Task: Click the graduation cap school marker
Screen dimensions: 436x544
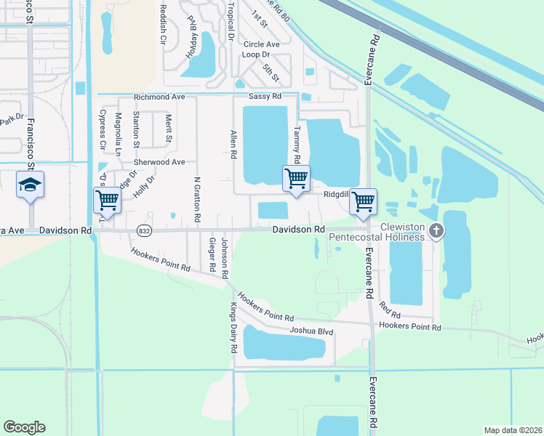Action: point(30,185)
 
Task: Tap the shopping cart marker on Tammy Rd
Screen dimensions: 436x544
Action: point(296,178)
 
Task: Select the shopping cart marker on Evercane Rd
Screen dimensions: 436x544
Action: point(363,201)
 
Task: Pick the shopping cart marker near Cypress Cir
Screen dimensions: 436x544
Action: point(107,200)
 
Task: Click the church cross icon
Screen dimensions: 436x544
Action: point(436,231)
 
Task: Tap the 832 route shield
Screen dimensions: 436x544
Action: point(143,230)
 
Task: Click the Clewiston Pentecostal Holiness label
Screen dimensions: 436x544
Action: point(377,237)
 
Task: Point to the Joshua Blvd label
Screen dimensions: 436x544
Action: point(311,331)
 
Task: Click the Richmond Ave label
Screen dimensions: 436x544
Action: point(159,97)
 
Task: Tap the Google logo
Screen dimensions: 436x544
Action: point(25,427)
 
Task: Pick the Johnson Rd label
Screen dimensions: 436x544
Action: point(225,258)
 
